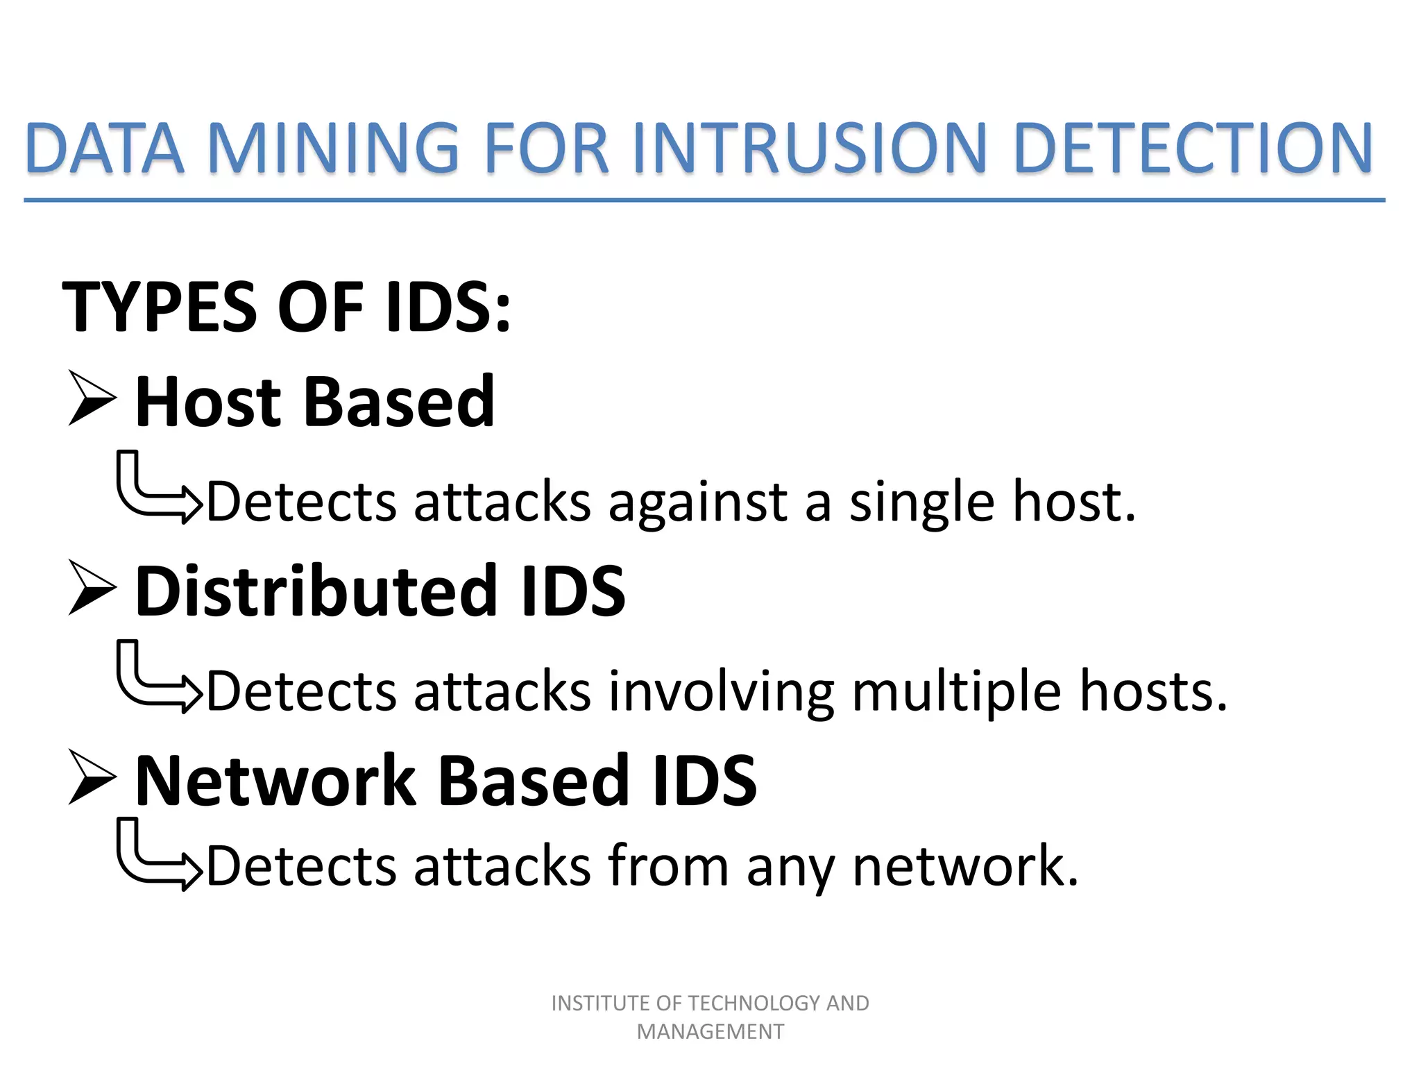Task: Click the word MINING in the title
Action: coord(333,148)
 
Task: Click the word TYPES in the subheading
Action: coord(160,307)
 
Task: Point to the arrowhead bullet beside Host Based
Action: coord(92,398)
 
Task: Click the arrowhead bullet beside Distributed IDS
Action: coord(92,589)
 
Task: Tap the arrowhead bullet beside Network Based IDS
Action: coord(92,778)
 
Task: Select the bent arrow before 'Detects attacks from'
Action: coord(156,856)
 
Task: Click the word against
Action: coord(697,502)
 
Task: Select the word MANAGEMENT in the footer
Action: coord(710,1032)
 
